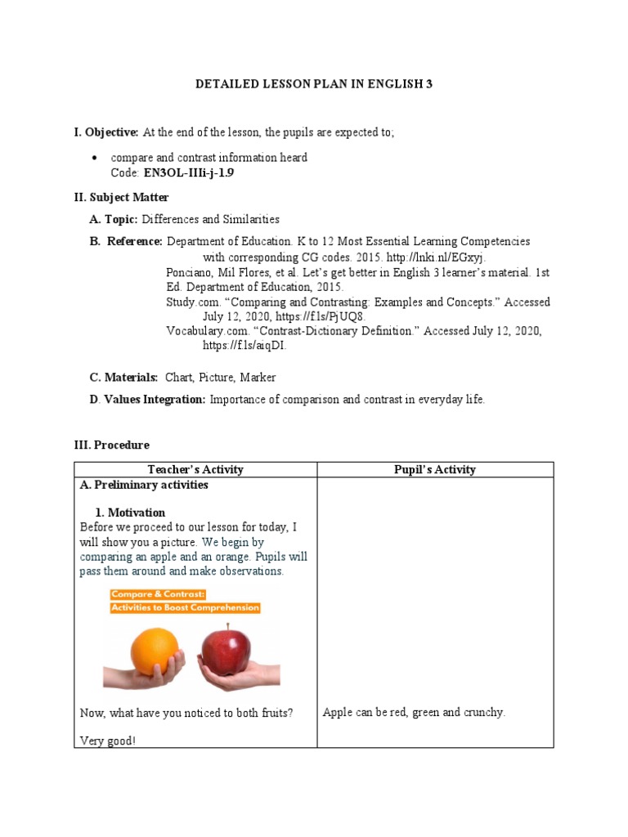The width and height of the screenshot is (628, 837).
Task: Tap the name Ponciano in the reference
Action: (190, 272)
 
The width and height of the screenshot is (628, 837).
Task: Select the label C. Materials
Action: (123, 378)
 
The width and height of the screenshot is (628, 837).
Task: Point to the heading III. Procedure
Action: (112, 445)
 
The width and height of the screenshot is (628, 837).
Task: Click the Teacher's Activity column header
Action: (195, 469)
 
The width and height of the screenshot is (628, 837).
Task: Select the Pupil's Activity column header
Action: (434, 469)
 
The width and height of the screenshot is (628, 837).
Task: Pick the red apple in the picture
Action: (227, 647)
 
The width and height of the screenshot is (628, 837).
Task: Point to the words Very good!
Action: (107, 741)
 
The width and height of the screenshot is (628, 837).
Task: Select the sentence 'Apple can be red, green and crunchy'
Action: (414, 713)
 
